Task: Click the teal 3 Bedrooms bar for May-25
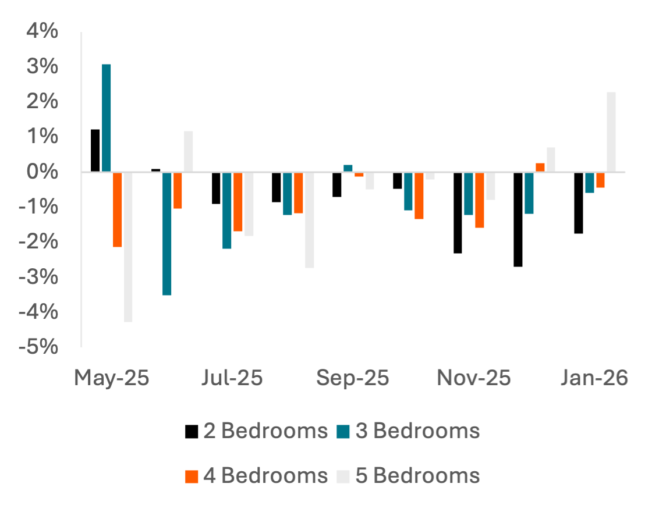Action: click(x=107, y=118)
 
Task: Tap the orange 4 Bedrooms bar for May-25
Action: click(x=118, y=210)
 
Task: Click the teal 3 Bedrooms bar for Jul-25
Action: click(x=227, y=211)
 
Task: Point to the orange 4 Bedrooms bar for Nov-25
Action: click(x=480, y=200)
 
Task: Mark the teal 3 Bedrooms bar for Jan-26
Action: click(x=590, y=183)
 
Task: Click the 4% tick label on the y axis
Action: click(x=42, y=31)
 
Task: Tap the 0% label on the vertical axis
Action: click(x=42, y=172)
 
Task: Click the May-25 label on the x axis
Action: click(x=112, y=378)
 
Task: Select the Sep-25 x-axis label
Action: click(x=353, y=378)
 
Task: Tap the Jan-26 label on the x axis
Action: click(x=594, y=378)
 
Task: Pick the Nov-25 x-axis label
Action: click(x=474, y=378)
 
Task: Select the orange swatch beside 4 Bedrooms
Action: click(x=192, y=477)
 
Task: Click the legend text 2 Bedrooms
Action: click(x=265, y=431)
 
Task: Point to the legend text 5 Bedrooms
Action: click(x=417, y=475)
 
